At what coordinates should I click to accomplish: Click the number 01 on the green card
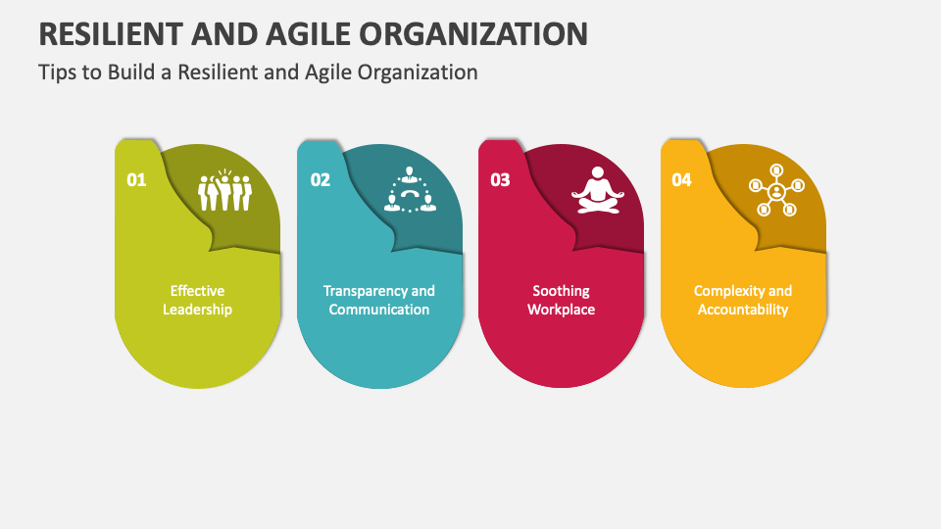[136, 180]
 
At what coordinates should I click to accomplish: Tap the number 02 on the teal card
[321, 180]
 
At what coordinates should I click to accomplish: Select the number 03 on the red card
[500, 180]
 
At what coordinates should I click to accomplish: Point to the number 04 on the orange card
[681, 180]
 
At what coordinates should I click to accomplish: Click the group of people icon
[224, 191]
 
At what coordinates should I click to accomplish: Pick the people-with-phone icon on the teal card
[409, 191]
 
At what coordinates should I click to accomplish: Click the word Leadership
[197, 310]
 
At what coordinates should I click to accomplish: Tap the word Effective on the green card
[197, 291]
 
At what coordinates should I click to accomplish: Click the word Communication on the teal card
[379, 310]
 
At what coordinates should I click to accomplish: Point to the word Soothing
[561, 291]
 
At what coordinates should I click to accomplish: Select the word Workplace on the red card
[561, 310]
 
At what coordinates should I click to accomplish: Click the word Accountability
[743, 310]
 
